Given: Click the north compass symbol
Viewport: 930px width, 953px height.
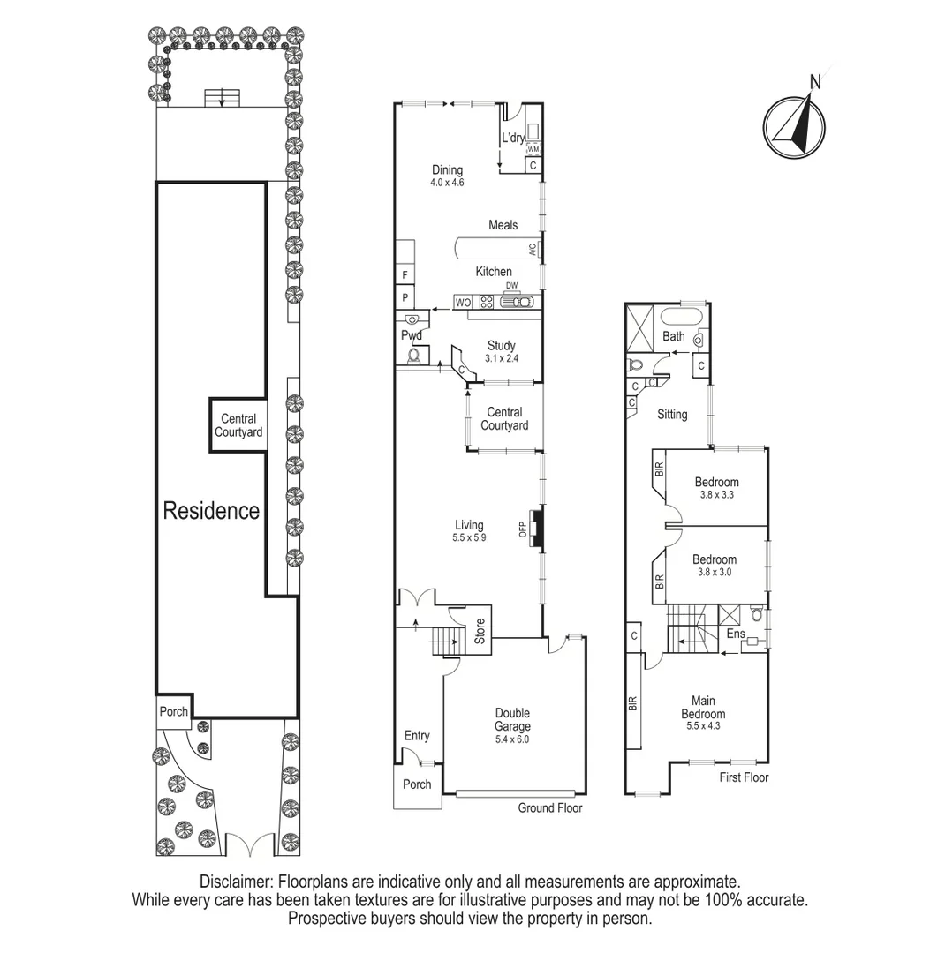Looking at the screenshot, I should (796, 126).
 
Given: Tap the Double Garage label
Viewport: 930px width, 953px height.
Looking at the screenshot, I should (511, 720).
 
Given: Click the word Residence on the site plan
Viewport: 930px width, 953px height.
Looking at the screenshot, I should (211, 511).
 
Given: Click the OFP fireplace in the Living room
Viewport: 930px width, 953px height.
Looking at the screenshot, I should (535, 528).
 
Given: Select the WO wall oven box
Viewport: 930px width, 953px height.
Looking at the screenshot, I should (463, 303).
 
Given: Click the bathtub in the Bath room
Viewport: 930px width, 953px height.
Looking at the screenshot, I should (679, 316).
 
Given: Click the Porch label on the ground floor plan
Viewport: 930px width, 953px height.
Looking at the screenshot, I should (417, 784).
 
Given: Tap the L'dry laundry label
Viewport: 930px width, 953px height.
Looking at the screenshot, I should (513, 139).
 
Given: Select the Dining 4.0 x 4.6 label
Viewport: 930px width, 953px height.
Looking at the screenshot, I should (447, 176).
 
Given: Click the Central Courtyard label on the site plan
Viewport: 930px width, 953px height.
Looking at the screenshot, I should (238, 425).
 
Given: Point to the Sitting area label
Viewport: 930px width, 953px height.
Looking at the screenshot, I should (672, 414).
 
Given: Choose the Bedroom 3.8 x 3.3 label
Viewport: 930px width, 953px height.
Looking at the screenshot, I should (716, 488).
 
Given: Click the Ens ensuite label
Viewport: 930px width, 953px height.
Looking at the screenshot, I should (735, 634).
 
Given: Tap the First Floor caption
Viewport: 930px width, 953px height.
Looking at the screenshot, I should (744, 777).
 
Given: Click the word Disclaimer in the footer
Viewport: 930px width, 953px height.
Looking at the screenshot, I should (236, 882).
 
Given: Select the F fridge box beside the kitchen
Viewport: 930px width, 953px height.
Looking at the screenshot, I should (405, 275).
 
